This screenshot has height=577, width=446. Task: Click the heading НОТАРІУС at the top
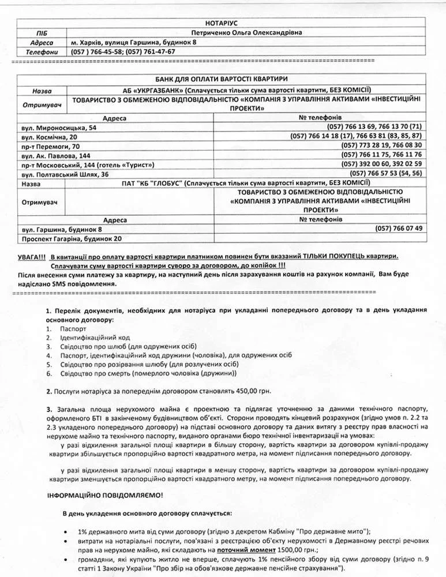[222, 23]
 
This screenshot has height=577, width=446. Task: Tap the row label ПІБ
[42, 32]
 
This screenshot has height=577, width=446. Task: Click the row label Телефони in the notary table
[42, 52]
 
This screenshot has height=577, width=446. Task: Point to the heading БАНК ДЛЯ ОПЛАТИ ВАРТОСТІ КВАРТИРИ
[222, 78]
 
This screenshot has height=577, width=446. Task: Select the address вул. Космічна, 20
[49, 136]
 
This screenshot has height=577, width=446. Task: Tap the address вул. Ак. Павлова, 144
[56, 155]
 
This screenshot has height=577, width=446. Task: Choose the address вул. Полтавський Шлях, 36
[65, 174]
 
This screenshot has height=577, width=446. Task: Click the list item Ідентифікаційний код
[95, 337]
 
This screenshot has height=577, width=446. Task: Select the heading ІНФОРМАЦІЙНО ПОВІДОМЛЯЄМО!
[105, 494]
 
